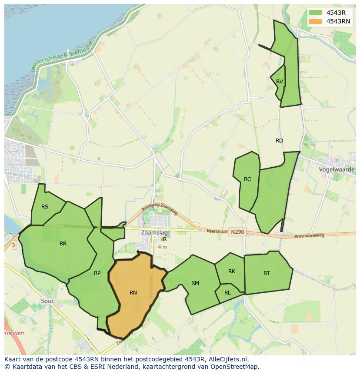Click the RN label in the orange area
(x=133, y=293)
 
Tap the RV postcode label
(x=280, y=82)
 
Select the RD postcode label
(x=279, y=141)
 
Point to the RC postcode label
(x=247, y=179)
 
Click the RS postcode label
(x=45, y=207)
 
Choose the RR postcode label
(x=63, y=244)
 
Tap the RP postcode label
(x=97, y=273)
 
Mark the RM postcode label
(x=195, y=283)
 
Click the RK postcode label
(x=232, y=271)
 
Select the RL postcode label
(x=227, y=293)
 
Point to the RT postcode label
(x=267, y=273)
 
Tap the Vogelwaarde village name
(x=337, y=169)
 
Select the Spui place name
(x=47, y=301)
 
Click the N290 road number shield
(x=237, y=232)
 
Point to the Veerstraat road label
(x=217, y=231)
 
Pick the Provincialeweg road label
(x=310, y=235)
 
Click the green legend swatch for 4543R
(x=316, y=13)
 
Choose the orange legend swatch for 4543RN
(x=316, y=21)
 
